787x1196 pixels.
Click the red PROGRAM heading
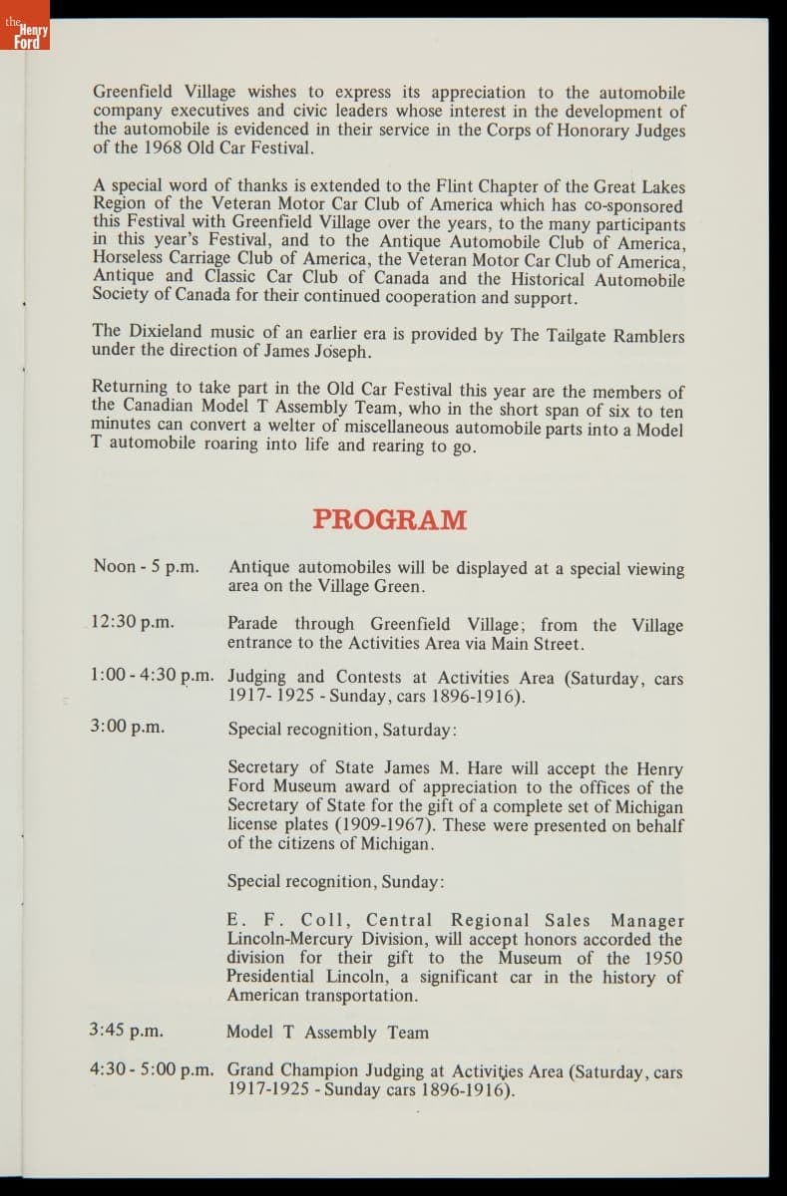tap(389, 519)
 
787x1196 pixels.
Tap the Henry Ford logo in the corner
tap(25, 36)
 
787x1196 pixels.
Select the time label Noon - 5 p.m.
tap(146, 566)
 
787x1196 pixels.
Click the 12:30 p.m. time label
tap(132, 622)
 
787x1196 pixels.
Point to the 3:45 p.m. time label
tap(127, 1031)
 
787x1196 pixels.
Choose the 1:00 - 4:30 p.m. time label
tap(152, 675)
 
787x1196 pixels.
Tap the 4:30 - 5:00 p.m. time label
tap(152, 1069)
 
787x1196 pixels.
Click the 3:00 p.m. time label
tap(127, 727)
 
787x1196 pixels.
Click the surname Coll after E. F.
tap(313, 920)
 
